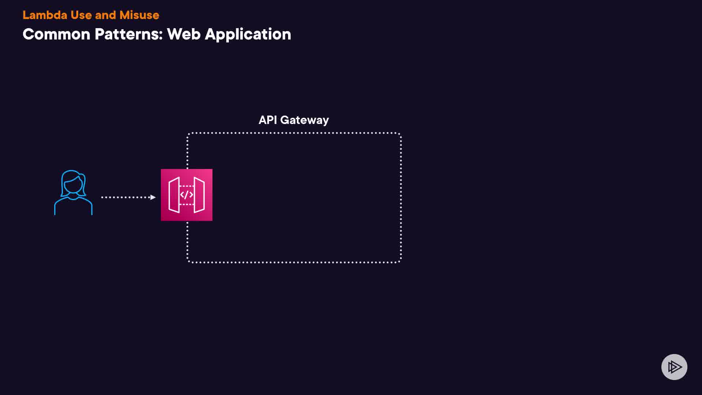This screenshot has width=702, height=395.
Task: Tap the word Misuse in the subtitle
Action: (139, 15)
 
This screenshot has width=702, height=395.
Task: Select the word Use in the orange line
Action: (81, 15)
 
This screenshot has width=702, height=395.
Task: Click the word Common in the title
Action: (56, 34)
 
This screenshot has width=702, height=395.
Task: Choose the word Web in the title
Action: (184, 34)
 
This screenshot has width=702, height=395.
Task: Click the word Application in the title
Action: (248, 34)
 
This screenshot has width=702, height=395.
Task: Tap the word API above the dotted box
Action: (268, 120)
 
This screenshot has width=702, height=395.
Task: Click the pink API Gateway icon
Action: (186, 195)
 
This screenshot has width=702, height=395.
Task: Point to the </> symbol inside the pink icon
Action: (186, 195)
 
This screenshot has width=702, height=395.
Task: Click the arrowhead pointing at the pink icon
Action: (153, 197)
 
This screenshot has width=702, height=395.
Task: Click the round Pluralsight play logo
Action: (674, 367)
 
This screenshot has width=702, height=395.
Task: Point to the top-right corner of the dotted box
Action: (400, 134)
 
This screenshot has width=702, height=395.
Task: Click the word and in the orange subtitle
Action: (105, 15)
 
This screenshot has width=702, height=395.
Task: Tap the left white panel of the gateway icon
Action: (174, 195)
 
